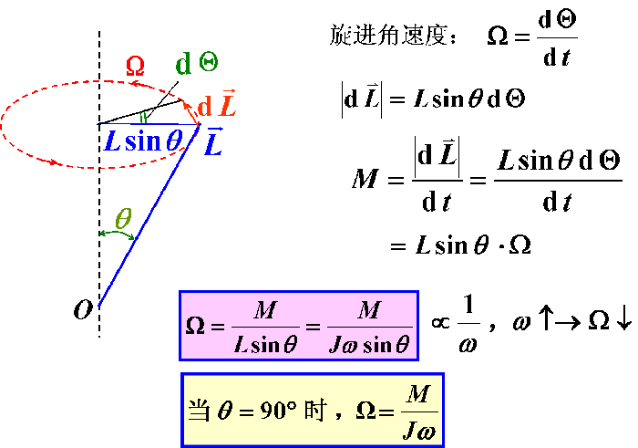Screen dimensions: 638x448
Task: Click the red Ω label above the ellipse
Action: click(x=135, y=67)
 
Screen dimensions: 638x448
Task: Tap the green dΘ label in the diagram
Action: click(x=197, y=64)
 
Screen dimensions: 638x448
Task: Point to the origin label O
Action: click(x=83, y=310)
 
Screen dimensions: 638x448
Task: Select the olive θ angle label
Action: click(x=123, y=218)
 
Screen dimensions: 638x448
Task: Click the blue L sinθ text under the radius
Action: click(x=144, y=141)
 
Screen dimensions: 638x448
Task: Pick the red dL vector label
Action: click(x=217, y=104)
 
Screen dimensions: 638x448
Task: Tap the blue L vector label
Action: click(x=213, y=141)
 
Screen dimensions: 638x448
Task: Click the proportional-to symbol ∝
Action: click(x=440, y=323)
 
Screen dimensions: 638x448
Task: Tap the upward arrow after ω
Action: click(x=546, y=318)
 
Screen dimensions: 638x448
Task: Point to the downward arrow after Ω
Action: click(x=623, y=318)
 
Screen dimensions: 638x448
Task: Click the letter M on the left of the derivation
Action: click(x=365, y=179)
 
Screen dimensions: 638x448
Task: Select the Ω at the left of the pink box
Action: click(x=195, y=327)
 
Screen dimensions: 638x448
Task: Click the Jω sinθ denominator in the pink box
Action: click(x=369, y=345)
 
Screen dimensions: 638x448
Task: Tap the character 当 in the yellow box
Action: click(x=200, y=410)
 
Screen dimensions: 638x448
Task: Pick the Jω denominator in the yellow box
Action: click(x=419, y=431)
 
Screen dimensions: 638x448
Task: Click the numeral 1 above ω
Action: click(x=468, y=305)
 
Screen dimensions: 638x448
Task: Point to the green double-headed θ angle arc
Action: click(x=117, y=234)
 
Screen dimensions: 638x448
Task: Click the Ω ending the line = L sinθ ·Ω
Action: click(x=520, y=245)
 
